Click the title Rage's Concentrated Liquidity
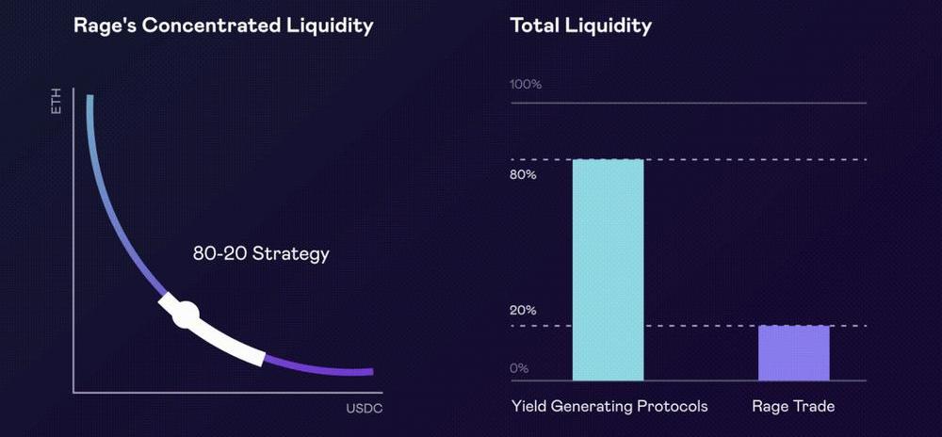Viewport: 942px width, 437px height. (223, 25)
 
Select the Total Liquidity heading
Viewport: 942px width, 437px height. (580, 25)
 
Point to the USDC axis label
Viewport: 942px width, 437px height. (364, 410)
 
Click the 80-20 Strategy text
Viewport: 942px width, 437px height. (261, 253)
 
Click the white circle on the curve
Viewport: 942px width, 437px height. (186, 315)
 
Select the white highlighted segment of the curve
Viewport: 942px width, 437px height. (211, 331)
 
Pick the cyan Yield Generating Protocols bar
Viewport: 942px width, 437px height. (608, 269)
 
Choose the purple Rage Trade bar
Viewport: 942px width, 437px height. (793, 353)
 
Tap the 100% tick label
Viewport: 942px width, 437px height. (526, 85)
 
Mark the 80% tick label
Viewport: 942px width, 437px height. (523, 175)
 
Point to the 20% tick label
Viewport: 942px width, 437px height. (523, 311)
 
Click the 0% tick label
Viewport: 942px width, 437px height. (520, 368)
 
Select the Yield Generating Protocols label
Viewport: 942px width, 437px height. (609, 407)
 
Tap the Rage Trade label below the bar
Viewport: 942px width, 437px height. (793, 407)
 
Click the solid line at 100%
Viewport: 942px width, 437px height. (689, 104)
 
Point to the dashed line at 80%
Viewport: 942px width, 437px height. (689, 160)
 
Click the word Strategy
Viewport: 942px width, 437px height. (291, 254)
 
